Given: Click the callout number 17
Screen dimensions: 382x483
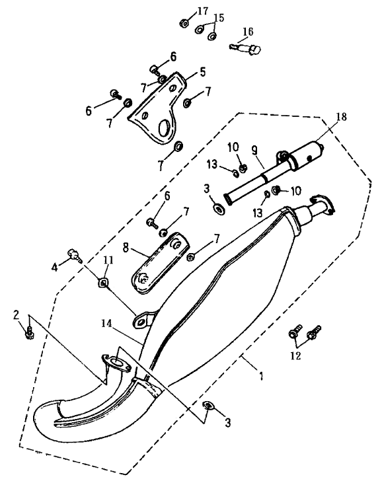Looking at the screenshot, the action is point(203,11).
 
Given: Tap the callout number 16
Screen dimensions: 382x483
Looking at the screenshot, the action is point(248,32).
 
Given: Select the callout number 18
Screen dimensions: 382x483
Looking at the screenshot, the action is point(341,117).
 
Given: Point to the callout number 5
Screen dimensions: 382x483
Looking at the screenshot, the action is point(202,72).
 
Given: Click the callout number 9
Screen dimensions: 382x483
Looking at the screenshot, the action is point(254,151).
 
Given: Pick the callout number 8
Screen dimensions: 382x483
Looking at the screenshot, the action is point(126,247).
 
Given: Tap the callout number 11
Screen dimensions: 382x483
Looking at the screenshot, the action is point(108,260).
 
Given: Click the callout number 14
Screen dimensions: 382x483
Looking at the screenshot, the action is point(107,323).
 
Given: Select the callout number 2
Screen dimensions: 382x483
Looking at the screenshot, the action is point(16,315).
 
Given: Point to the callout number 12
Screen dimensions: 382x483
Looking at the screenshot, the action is point(295,355).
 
